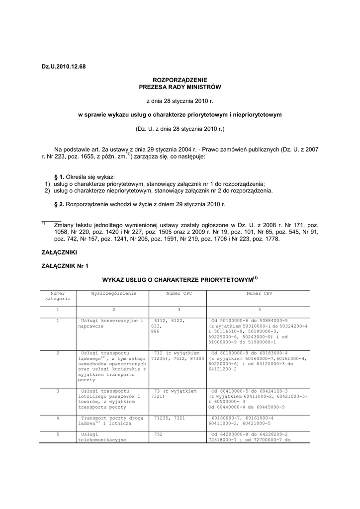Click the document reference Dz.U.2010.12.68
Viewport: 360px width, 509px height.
(63, 67)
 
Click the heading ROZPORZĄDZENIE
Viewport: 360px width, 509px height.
(180, 80)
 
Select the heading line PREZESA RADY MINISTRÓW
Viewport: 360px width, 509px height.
(180, 87)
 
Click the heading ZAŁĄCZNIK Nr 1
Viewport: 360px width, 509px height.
(64, 266)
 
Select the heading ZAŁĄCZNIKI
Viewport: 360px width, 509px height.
(59, 253)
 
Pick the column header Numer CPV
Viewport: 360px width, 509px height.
(259, 294)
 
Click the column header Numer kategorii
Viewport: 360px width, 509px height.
(58, 296)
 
